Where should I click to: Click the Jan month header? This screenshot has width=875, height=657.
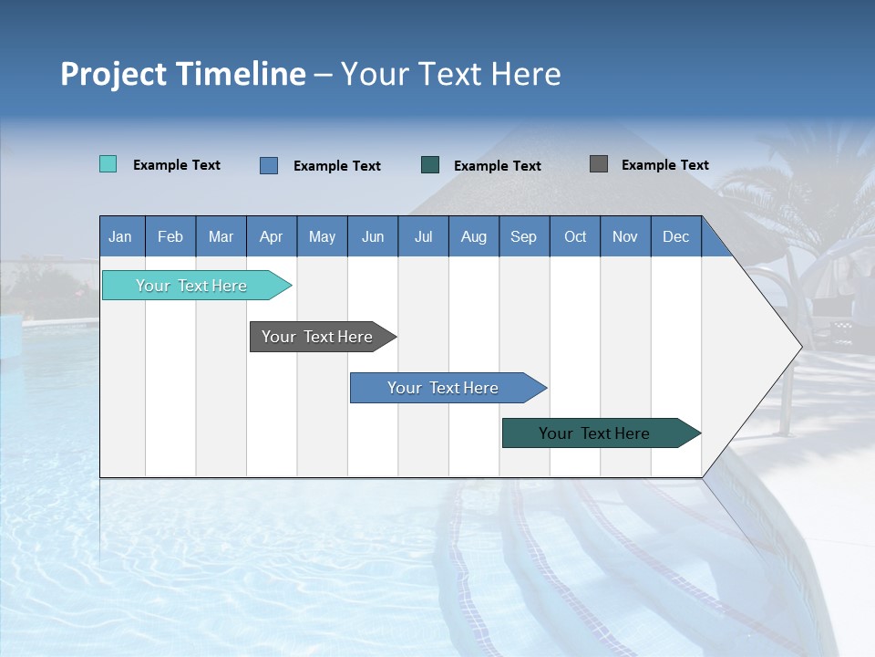tap(120, 236)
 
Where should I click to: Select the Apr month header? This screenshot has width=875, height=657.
tap(271, 236)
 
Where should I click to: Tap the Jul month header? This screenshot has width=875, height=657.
tap(423, 236)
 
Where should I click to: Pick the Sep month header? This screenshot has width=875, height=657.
tap(523, 236)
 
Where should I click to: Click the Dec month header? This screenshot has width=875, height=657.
tap(675, 236)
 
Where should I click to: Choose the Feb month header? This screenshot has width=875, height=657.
tap(170, 236)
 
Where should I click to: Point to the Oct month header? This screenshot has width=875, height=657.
tap(575, 236)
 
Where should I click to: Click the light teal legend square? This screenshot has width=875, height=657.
tap(108, 164)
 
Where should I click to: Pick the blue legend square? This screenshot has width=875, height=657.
tap(269, 165)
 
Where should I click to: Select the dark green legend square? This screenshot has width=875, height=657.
tap(430, 164)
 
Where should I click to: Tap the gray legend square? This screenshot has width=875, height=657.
tap(599, 164)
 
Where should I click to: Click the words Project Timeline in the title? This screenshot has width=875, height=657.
tap(182, 74)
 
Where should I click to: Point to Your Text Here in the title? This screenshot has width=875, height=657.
tap(451, 74)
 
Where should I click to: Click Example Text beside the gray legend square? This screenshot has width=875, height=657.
tap(664, 165)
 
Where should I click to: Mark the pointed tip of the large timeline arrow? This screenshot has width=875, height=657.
tap(799, 347)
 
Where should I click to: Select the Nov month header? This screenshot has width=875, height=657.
tap(625, 236)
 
